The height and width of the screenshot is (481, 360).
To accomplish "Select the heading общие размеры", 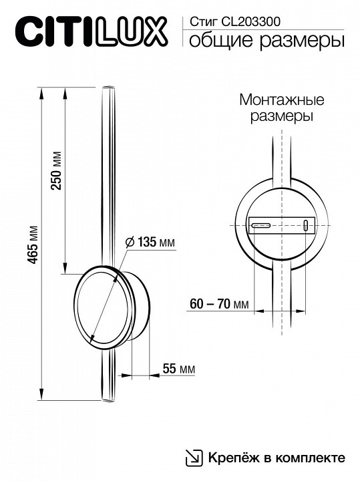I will pos(266,41).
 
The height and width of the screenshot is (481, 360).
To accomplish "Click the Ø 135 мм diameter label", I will pos(150,243).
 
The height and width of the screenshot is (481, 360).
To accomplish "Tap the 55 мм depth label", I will pos(178,368).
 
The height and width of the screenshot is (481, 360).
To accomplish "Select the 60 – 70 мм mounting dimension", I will pos(218,305).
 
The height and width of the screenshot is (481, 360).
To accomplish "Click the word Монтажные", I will pos(281,100).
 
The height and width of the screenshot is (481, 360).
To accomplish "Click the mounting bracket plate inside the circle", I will pos(281,225).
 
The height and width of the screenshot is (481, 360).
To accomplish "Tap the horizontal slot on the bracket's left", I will pos(260,224).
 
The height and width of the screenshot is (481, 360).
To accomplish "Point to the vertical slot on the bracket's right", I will pos(306,225).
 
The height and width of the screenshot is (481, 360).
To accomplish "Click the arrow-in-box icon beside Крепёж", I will pos(193,458).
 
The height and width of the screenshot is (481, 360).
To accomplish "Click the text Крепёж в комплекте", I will pos(276,458).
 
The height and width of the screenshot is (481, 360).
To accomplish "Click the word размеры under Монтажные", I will pos(281,116).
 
